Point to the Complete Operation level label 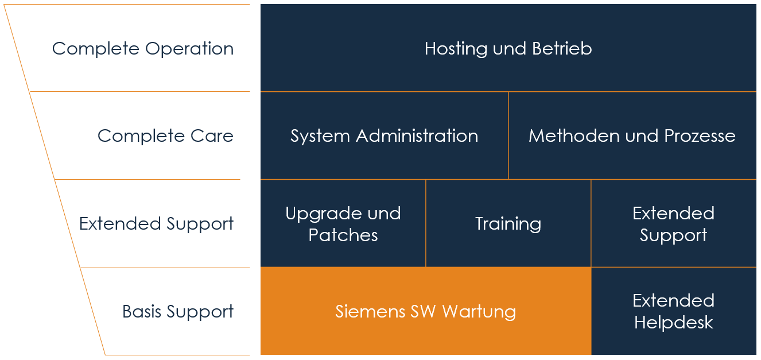click(x=143, y=49)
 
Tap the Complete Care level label click(x=165, y=136)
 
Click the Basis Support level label click(x=178, y=312)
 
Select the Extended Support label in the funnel click(x=156, y=223)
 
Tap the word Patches click(x=343, y=235)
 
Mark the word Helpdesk click(x=673, y=323)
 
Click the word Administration click(x=417, y=136)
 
